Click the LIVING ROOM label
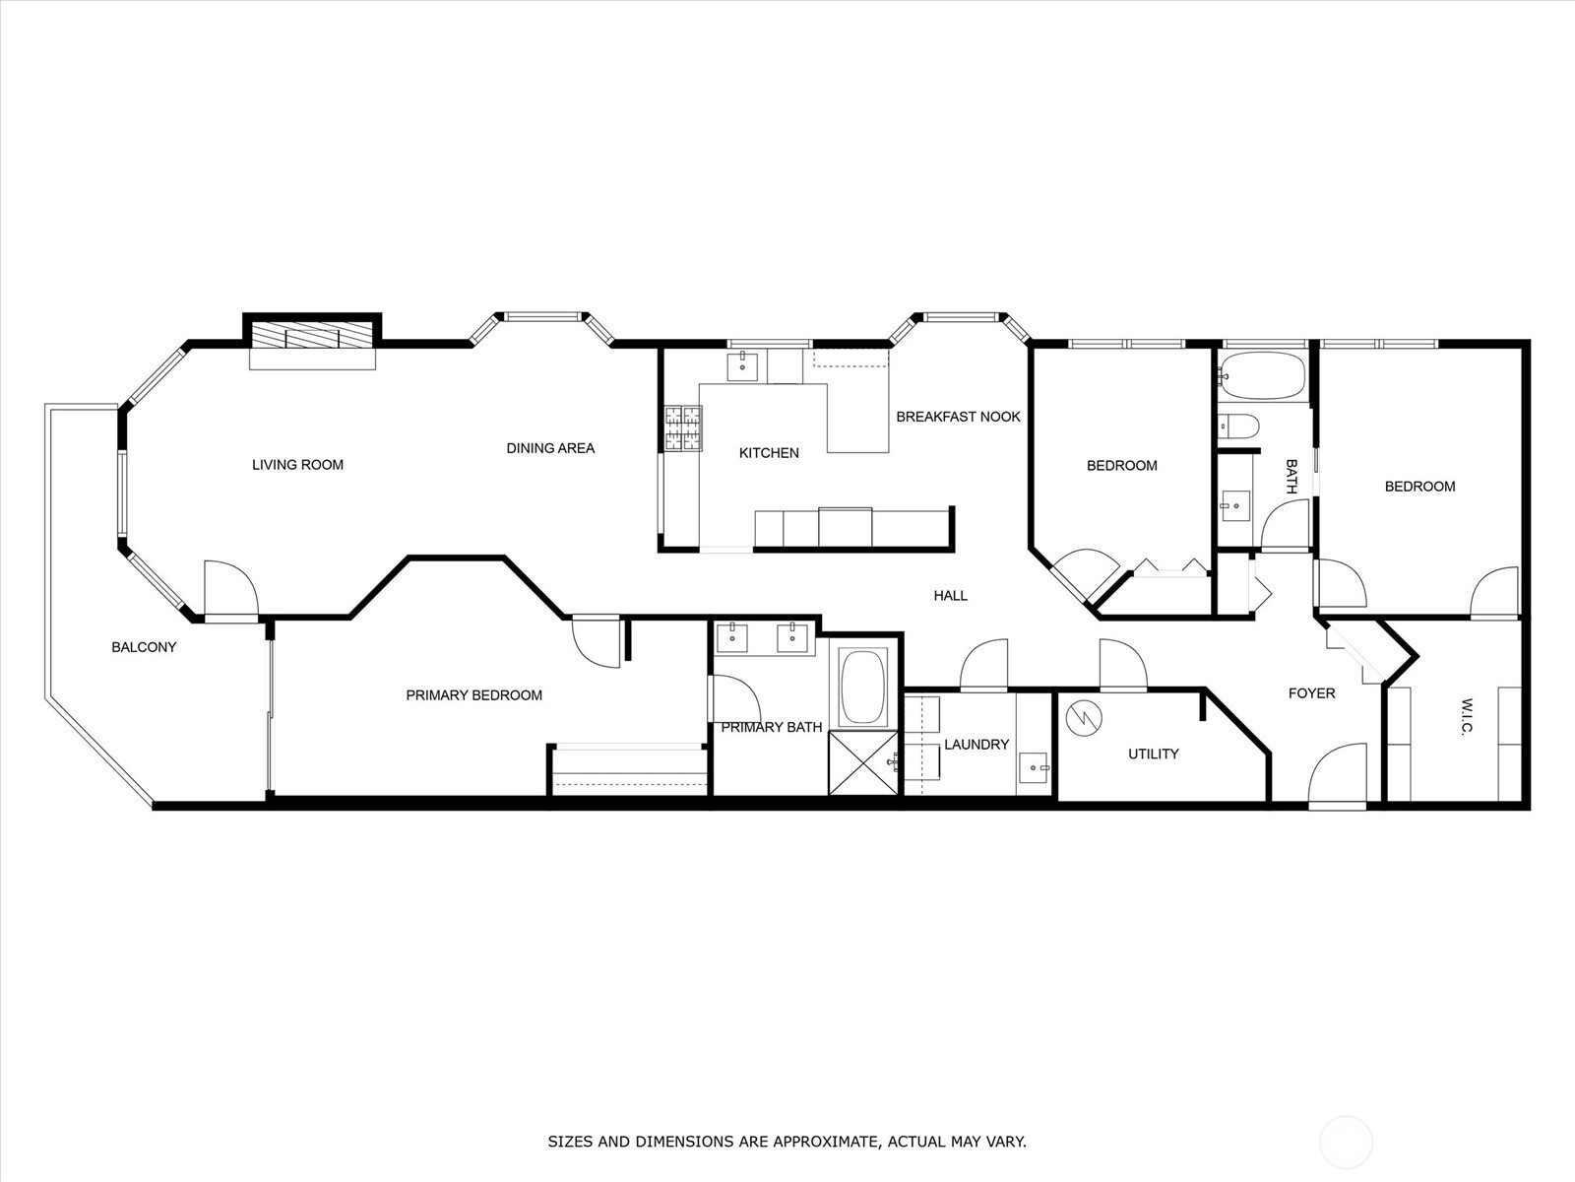click(297, 465)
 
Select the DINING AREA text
click(550, 448)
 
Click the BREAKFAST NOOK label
click(958, 417)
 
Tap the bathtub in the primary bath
click(863, 687)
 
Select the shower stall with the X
click(863, 762)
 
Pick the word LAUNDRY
click(976, 745)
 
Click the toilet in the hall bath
click(1239, 426)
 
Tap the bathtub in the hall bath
click(1261, 375)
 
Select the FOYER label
click(1311, 693)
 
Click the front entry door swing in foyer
click(1339, 776)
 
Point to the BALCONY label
click(144, 647)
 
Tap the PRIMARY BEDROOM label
click(473, 695)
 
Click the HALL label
click(950, 595)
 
